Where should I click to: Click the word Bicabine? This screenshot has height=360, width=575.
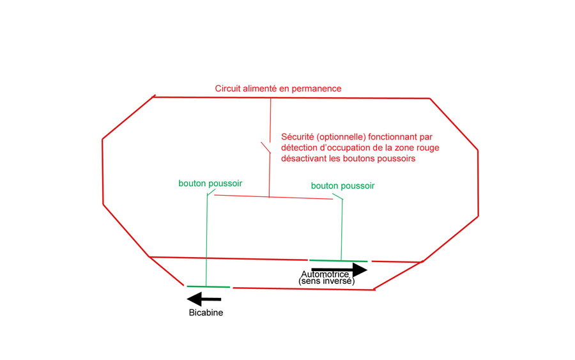(206, 313)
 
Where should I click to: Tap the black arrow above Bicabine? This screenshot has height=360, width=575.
(204, 299)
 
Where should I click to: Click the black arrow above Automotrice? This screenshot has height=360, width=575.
(339, 270)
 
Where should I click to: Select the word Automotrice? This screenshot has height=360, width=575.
(325, 274)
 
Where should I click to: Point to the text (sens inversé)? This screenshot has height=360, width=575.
(326, 281)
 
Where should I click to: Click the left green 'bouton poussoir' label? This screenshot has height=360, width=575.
(210, 184)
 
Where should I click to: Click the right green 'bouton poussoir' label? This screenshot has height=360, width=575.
(342, 186)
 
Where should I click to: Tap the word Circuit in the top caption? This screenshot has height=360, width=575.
(226, 88)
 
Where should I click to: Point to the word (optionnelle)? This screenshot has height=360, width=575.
(341, 137)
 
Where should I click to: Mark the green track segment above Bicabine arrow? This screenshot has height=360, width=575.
(208, 286)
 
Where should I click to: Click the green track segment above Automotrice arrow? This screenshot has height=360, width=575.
(338, 260)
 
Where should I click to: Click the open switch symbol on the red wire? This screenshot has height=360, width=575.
(266, 148)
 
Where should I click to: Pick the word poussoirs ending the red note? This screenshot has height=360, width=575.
(397, 159)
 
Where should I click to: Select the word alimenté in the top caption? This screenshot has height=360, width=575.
(256, 88)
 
